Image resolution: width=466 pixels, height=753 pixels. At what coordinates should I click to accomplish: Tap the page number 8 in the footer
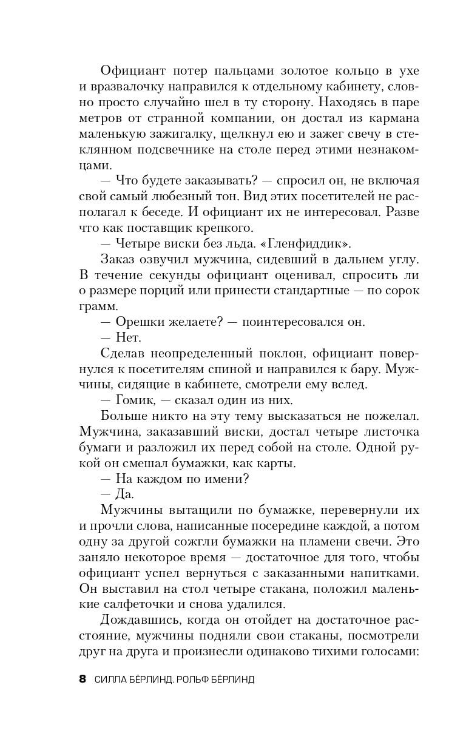click(83, 679)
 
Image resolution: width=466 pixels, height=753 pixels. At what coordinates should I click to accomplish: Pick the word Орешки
click(139, 322)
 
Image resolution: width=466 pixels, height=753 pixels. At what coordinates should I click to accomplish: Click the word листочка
click(388, 431)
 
